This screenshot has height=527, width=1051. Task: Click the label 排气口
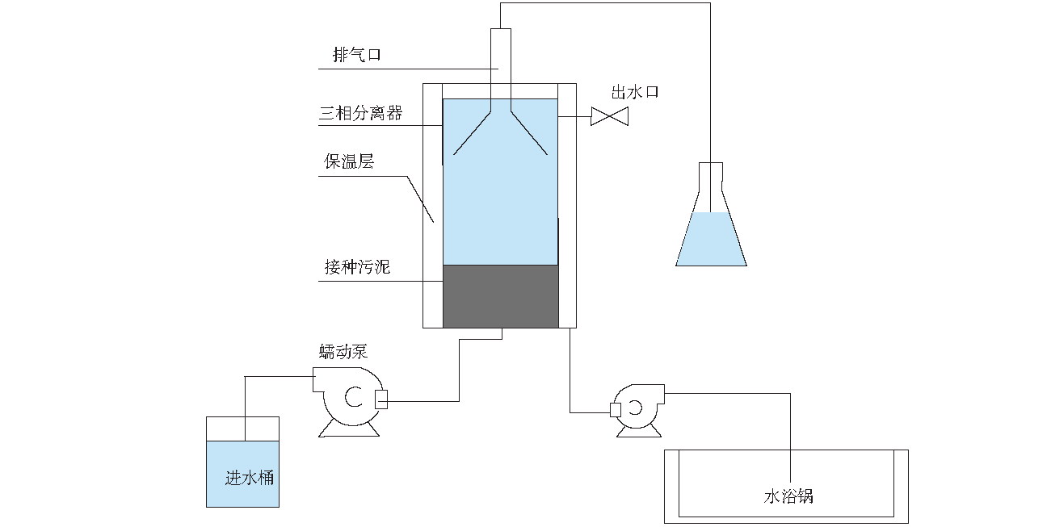(x=356, y=55)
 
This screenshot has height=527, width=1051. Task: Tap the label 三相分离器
(x=360, y=114)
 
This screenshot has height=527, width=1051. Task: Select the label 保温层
(x=349, y=162)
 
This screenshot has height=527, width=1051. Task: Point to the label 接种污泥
(x=357, y=266)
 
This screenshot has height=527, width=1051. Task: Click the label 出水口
(x=635, y=92)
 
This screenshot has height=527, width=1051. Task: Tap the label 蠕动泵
(x=343, y=352)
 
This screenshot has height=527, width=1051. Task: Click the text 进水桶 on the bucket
(x=249, y=478)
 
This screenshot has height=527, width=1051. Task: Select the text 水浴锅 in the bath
(x=788, y=496)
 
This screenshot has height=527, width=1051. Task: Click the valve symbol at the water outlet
(x=610, y=117)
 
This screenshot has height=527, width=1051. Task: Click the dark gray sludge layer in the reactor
(x=501, y=296)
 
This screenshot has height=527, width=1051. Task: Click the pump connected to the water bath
(x=638, y=408)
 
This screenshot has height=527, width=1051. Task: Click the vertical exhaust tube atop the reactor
(x=501, y=56)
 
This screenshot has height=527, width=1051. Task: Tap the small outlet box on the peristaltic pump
(x=382, y=399)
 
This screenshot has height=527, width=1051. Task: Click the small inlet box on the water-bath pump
(x=615, y=410)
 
